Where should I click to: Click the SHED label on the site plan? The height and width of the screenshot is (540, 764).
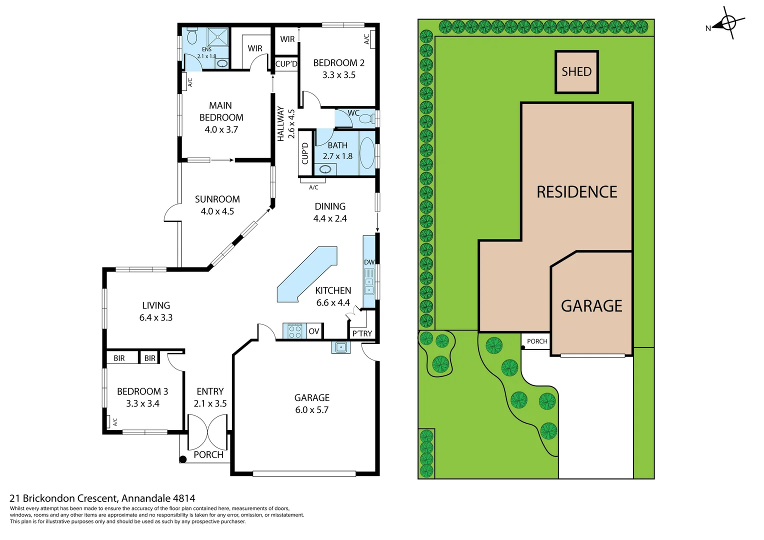[576, 71]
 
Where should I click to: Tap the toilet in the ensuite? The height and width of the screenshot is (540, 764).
[192, 36]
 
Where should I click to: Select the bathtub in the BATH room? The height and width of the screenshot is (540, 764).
[367, 153]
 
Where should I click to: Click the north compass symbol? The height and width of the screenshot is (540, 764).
[728, 23]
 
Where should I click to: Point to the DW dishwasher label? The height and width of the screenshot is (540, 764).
[369, 262]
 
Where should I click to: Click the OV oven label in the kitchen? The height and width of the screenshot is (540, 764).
[313, 331]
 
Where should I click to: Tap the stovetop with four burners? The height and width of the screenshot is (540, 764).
[295, 331]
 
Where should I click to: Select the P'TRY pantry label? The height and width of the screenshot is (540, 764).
[362, 333]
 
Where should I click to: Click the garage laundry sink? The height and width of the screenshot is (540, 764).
[341, 347]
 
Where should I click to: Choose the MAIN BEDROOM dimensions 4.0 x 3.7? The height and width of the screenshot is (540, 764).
[221, 129]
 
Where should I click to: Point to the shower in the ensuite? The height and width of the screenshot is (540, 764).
[218, 37]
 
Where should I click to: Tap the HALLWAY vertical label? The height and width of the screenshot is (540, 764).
[281, 123]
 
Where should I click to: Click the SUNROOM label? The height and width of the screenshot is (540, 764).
[217, 199]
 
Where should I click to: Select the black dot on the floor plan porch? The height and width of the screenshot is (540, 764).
[183, 458]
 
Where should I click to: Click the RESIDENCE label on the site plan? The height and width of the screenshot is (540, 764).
[576, 192]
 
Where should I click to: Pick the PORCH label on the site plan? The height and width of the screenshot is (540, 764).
[537, 341]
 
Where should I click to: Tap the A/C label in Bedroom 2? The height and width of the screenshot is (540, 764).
[366, 38]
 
